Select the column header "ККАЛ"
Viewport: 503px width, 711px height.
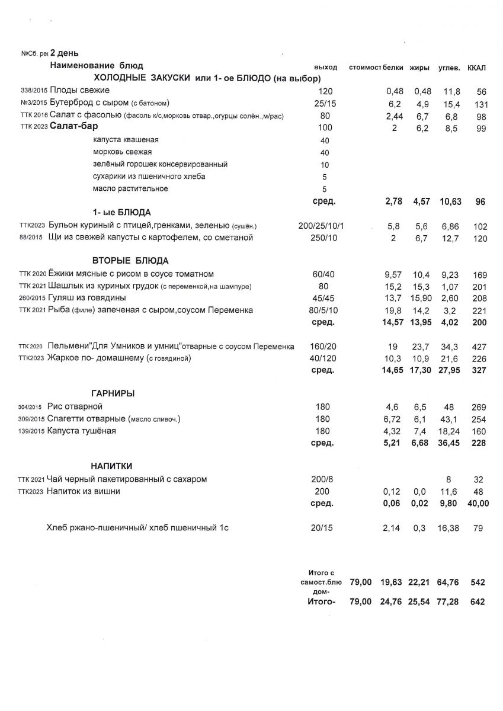point(476,68)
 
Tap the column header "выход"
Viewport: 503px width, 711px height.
point(325,68)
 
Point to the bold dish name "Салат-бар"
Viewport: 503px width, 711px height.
point(73,126)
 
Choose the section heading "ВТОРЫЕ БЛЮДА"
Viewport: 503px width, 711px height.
point(130,260)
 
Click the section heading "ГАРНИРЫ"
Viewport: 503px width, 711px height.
point(113,393)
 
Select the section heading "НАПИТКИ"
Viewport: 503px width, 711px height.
point(111,466)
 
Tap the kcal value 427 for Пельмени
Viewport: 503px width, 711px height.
point(479,346)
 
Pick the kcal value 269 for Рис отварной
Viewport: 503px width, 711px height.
point(479,407)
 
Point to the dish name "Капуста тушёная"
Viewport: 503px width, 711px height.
point(82,431)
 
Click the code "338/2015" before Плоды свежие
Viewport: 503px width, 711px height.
point(34,91)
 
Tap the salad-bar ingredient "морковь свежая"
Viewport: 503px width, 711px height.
point(122,152)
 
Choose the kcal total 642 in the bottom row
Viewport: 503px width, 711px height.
point(478,602)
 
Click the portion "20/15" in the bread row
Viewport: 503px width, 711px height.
point(322,527)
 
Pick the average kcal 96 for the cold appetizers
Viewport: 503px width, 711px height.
point(480,201)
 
